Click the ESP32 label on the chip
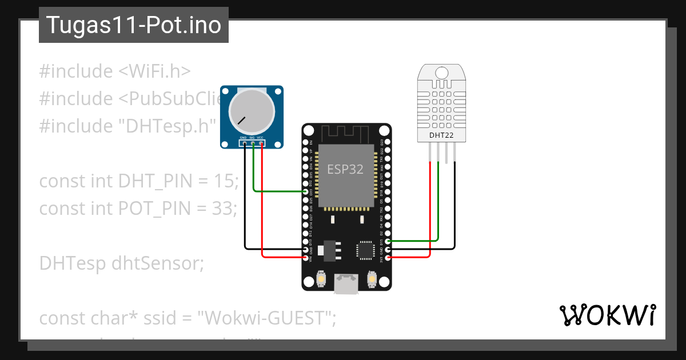345,169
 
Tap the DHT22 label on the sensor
441,135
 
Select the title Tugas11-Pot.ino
133,25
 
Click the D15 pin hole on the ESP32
388,241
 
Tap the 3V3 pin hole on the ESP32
388,258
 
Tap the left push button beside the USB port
321,279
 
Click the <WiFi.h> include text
154,71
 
